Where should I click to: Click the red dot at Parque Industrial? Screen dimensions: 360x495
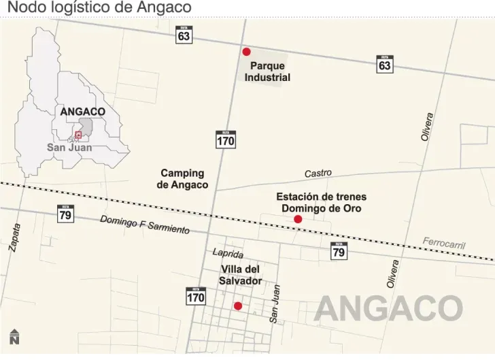click(246, 52)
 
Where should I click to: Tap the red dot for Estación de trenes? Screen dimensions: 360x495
click(298, 219)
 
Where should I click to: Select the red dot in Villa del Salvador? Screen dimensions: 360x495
click(238, 306)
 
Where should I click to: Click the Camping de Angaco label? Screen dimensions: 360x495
click(183, 179)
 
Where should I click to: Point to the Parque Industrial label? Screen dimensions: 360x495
click(267, 71)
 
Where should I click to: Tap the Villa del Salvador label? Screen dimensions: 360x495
click(240, 275)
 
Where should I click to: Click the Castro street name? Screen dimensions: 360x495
click(318, 174)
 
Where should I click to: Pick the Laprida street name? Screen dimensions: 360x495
click(228, 253)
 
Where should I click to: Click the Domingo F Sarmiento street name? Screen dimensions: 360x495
click(145, 225)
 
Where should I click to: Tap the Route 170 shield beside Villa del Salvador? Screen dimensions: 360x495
click(196, 296)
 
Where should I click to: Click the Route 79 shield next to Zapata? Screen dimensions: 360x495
click(65, 214)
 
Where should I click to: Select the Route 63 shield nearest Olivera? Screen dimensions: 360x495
click(385, 64)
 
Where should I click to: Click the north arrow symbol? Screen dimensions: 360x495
click(14, 337)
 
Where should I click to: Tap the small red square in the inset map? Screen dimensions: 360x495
click(78, 135)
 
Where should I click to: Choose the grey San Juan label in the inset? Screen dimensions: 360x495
click(69, 147)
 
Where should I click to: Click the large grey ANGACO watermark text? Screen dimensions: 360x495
click(388, 309)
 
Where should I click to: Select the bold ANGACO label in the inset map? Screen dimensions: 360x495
click(82, 111)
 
